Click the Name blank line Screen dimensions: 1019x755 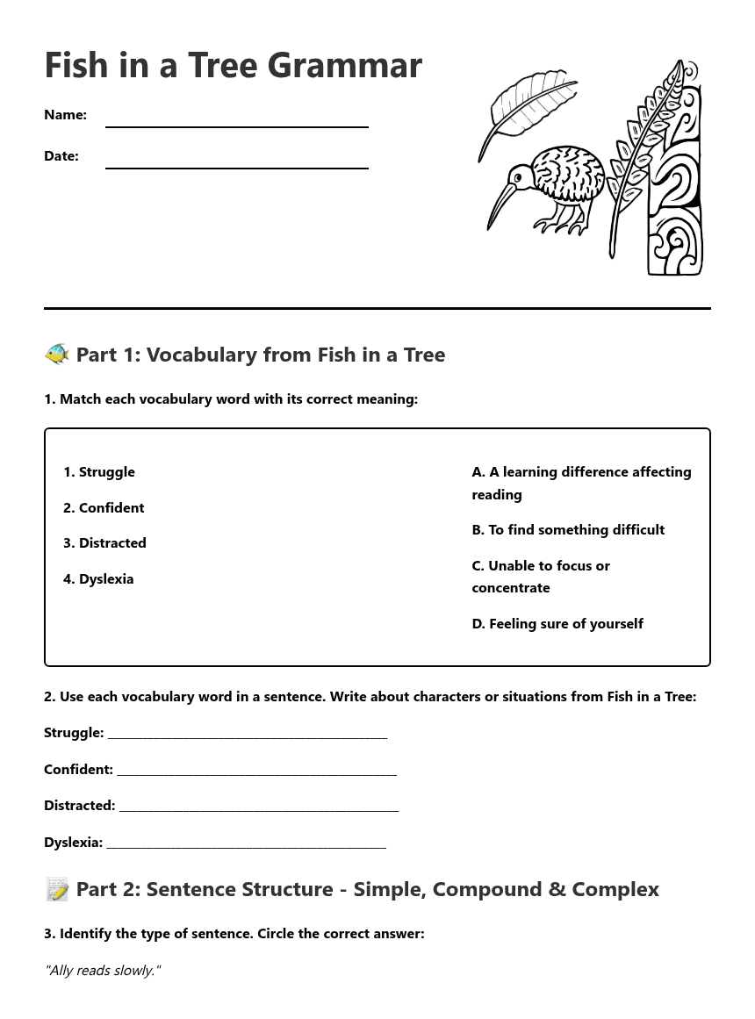(x=236, y=126)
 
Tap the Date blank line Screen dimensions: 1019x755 (x=236, y=166)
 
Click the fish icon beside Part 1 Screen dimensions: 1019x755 (x=57, y=354)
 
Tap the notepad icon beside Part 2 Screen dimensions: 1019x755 (x=57, y=889)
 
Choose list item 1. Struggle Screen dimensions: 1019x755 (x=99, y=472)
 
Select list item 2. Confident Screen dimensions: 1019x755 (x=104, y=508)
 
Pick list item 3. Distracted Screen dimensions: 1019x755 (x=104, y=543)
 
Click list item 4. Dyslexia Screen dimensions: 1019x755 (x=98, y=579)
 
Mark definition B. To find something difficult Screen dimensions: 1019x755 (x=568, y=530)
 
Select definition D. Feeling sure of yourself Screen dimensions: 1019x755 (x=557, y=624)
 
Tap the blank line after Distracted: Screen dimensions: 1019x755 (x=259, y=808)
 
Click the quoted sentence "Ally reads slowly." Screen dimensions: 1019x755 (x=103, y=971)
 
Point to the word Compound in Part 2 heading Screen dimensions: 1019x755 (x=486, y=889)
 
